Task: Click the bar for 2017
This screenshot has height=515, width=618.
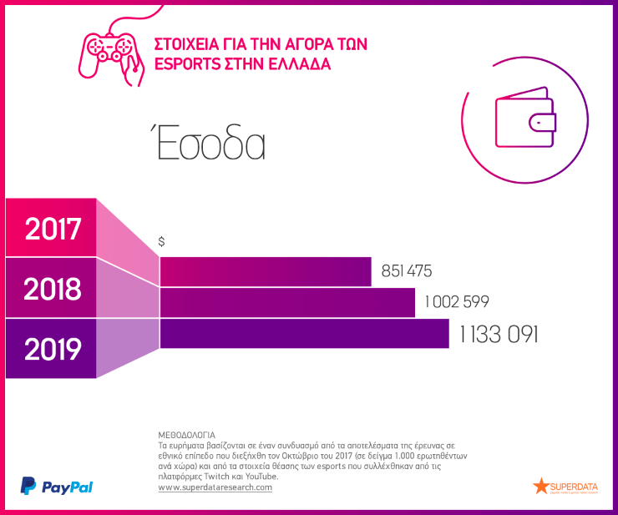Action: tap(266, 271)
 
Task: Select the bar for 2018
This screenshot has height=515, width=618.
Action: tap(287, 302)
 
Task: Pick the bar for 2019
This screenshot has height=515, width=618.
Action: tap(304, 333)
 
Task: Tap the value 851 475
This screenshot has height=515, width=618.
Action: tap(407, 271)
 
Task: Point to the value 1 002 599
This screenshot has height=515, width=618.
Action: tap(456, 302)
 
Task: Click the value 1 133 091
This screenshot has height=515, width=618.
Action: tap(499, 334)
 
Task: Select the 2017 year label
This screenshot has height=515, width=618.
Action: tap(53, 229)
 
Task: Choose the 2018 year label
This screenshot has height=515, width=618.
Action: tap(53, 289)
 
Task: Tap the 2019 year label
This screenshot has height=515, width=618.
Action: tap(53, 349)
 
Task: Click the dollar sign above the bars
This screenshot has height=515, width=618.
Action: tap(161, 241)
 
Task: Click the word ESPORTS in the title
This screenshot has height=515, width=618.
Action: tap(186, 64)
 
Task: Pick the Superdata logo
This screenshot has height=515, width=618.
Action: tap(566, 486)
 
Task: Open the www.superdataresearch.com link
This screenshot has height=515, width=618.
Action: tap(215, 487)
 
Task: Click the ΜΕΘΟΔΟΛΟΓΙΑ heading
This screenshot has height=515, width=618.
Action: tap(186, 435)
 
